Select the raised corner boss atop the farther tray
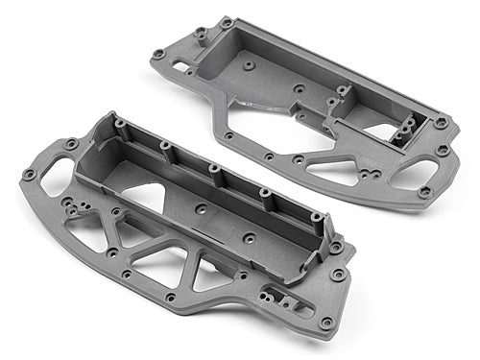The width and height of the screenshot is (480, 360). pos(227,22)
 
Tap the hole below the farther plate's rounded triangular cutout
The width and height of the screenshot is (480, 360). pos(424,192)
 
